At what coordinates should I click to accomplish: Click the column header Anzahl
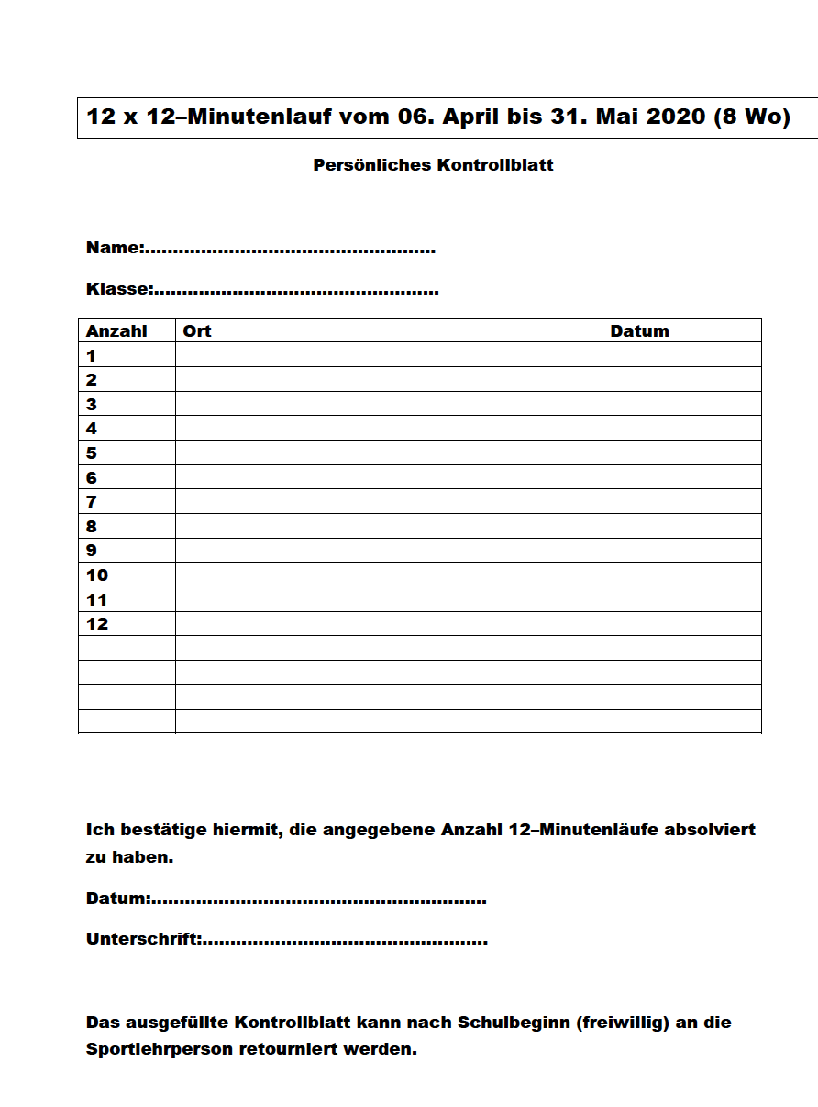pyautogui.click(x=116, y=331)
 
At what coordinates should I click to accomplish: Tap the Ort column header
pyautogui.click(x=197, y=331)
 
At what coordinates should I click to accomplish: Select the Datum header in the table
pyautogui.click(x=639, y=331)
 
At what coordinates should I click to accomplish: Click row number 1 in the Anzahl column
pyautogui.click(x=92, y=355)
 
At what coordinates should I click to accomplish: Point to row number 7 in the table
pyautogui.click(x=92, y=502)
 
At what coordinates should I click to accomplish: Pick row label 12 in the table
pyautogui.click(x=97, y=624)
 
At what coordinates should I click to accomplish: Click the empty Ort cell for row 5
pyautogui.click(x=388, y=453)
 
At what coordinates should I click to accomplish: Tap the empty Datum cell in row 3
pyautogui.click(x=681, y=404)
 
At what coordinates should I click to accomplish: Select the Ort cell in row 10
pyautogui.click(x=388, y=576)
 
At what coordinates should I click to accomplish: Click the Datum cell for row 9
pyautogui.click(x=681, y=551)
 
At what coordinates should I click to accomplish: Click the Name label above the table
pyautogui.click(x=115, y=248)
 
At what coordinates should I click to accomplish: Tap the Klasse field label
pyautogui.click(x=119, y=289)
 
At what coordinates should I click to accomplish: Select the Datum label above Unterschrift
pyautogui.click(x=117, y=899)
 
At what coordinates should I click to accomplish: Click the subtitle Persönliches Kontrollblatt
pyautogui.click(x=433, y=166)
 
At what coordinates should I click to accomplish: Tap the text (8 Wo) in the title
pyautogui.click(x=751, y=117)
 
